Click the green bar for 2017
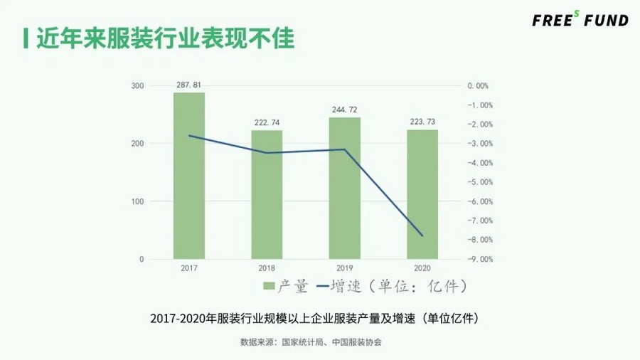[189, 176]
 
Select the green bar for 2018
[267, 194]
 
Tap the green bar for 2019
[345, 188]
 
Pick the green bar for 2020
[422, 194]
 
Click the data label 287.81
[189, 85]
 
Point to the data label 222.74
[267, 122]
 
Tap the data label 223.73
[422, 122]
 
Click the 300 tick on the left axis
[137, 86]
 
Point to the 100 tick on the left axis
[137, 201]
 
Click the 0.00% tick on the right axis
[478, 86]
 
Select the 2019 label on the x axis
[345, 268]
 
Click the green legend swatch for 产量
[269, 287]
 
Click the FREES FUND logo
[580, 20]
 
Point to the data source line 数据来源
[311, 342]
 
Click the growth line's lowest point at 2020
[422, 235]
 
